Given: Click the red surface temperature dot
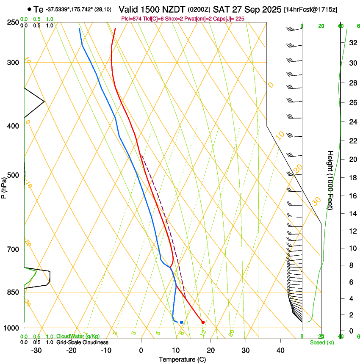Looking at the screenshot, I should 203,323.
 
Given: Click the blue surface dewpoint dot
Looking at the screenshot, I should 181,322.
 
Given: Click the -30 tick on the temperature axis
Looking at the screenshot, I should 36,350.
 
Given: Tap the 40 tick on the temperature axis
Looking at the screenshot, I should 280,350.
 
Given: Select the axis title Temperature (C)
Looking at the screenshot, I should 182,360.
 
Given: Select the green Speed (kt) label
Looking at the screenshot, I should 321,342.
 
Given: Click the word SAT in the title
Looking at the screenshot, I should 220,9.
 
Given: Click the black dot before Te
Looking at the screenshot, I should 29,9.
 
